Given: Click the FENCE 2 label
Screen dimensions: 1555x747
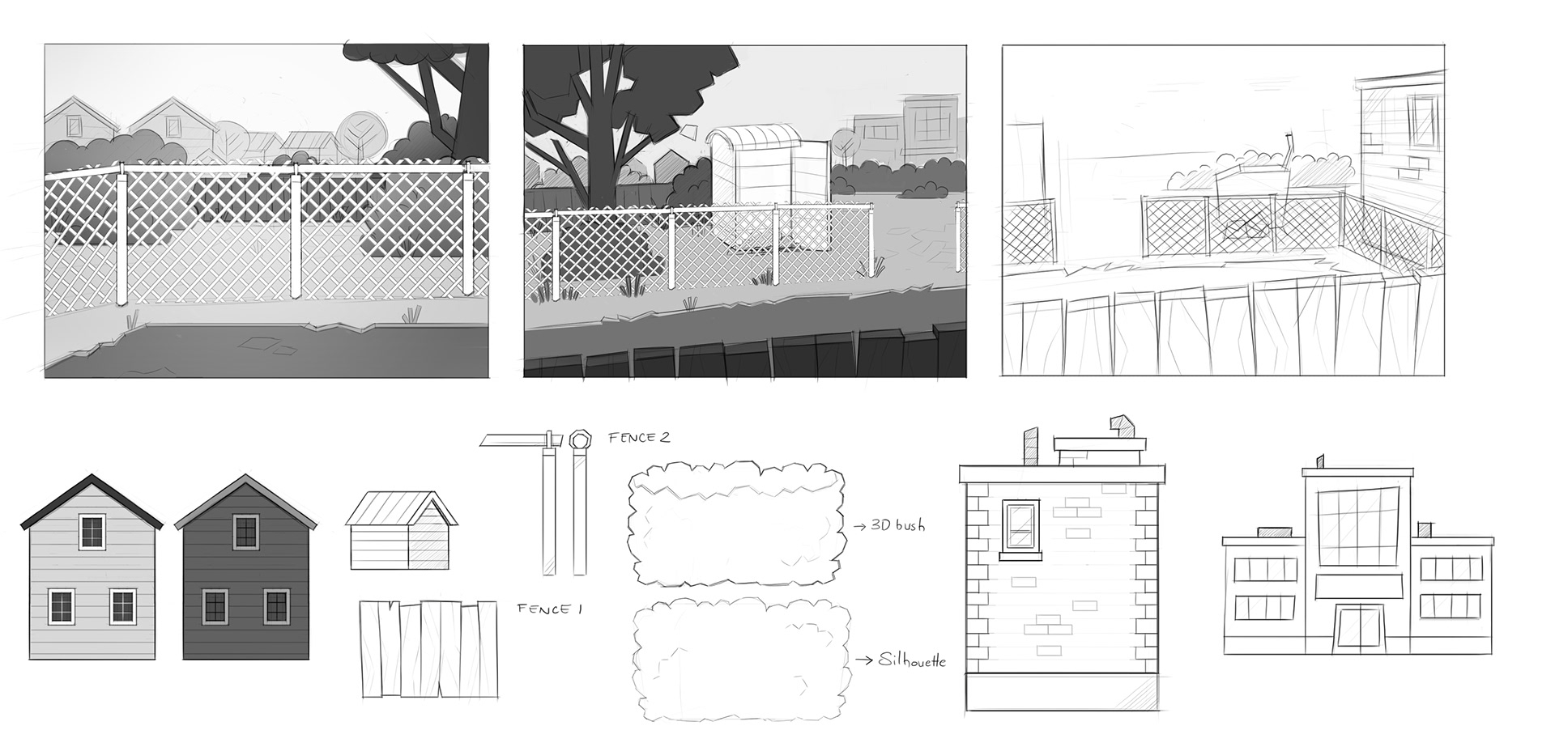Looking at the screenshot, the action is pos(639,438).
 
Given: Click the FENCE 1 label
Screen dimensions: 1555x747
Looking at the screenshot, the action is pos(550,609).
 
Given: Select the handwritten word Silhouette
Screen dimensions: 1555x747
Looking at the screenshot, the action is pos(911,660).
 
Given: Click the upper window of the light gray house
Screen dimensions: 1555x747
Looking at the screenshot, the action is pos(92,532).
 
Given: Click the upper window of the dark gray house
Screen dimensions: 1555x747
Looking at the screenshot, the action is pos(245,532).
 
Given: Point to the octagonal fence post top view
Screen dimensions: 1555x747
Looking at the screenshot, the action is pos(580,439).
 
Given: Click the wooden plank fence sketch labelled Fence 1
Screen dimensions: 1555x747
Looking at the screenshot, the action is pos(428,648).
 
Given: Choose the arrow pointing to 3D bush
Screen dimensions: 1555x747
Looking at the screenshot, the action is pos(859,526).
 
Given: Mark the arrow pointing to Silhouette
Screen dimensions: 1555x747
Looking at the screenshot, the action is pos(862,660).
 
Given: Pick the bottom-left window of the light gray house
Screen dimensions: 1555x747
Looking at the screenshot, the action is pos(62,606).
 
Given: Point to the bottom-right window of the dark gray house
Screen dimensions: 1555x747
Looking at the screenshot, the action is pos(276,606).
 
